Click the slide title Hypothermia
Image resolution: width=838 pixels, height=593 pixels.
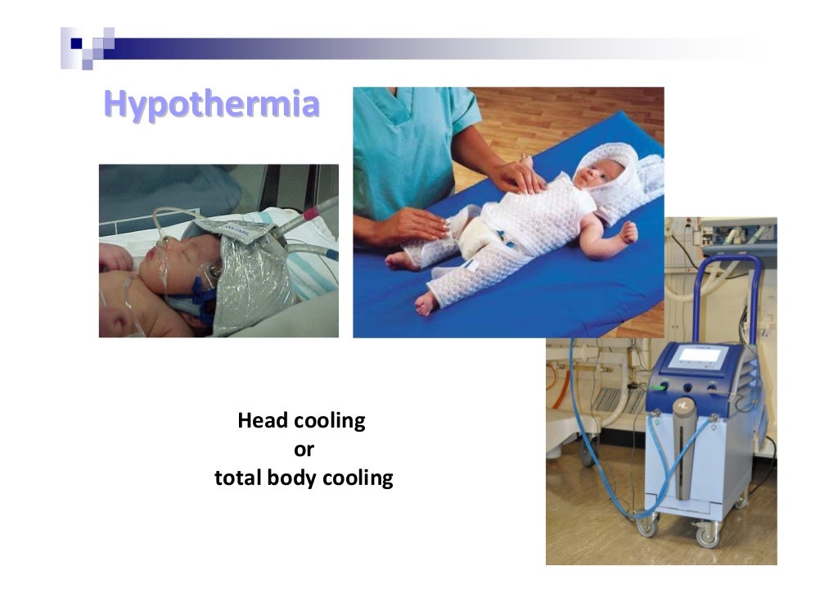[210, 105]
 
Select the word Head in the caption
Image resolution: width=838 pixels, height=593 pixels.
[259, 421]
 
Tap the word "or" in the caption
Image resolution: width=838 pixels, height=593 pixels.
[304, 450]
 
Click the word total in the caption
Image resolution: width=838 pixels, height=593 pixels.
[237, 478]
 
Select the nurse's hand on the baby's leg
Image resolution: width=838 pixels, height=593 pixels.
[418, 224]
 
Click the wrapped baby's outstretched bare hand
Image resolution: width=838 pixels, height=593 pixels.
[628, 234]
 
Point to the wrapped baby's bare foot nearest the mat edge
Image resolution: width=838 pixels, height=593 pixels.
[425, 304]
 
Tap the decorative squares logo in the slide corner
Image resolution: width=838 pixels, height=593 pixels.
[88, 47]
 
